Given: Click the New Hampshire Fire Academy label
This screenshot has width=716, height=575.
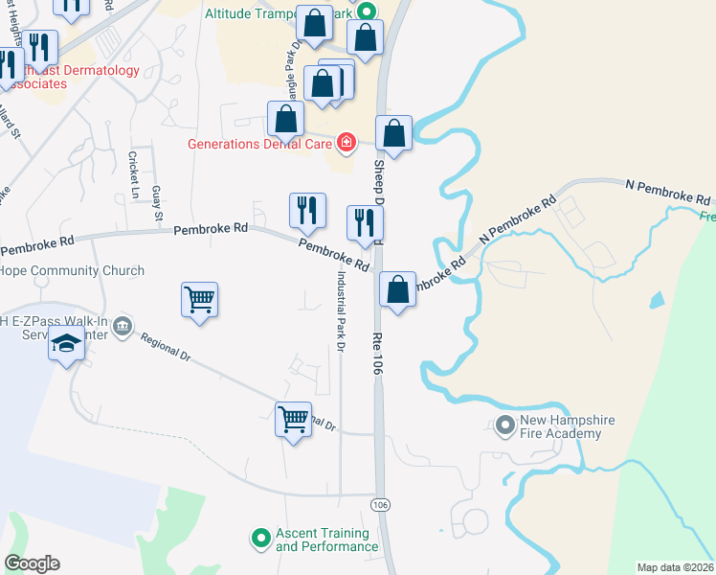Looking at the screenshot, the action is (x=567, y=427).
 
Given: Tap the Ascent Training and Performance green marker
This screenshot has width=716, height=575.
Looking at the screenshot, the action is (x=258, y=540).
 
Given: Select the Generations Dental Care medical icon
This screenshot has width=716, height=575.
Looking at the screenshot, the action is (x=347, y=145).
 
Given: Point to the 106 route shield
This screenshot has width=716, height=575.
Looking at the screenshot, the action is (x=381, y=504).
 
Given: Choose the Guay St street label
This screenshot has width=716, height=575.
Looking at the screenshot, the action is (x=156, y=203).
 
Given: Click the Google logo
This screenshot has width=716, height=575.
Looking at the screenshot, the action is (x=32, y=563).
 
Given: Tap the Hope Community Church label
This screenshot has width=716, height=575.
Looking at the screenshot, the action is (x=72, y=271).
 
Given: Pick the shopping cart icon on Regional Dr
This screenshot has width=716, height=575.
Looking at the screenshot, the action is (x=293, y=419).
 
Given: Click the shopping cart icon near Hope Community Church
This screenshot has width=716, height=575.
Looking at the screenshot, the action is (x=199, y=299).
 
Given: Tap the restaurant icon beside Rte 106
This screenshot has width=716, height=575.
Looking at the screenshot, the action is (x=365, y=223).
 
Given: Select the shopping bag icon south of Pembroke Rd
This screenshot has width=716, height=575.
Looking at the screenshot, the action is (x=397, y=289).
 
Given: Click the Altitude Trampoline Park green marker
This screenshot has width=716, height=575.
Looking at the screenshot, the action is (x=364, y=12).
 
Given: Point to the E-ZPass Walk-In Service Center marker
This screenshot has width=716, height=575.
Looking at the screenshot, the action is (x=122, y=328).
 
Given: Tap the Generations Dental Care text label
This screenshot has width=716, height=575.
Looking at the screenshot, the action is (x=259, y=145).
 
